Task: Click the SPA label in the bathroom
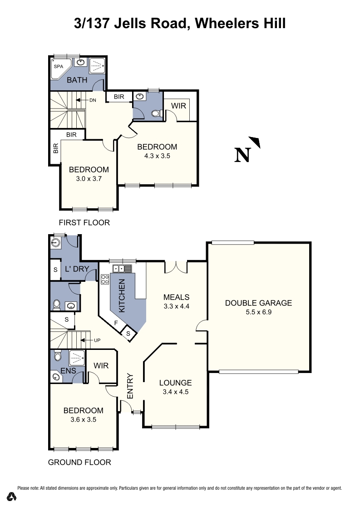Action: (59, 67)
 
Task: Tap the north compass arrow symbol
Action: (255, 142)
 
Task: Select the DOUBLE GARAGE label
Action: (258, 303)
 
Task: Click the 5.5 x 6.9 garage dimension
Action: (258, 312)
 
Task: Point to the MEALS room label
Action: (176, 297)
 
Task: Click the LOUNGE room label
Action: (176, 383)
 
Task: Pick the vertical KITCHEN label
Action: (121, 295)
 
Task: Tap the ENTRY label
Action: (130, 386)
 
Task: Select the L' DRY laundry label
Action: (77, 269)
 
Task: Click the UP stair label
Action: (97, 340)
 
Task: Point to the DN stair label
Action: (92, 100)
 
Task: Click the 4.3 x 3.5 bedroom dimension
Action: (157, 156)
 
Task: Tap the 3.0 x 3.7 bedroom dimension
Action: (89, 179)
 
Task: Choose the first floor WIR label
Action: (178, 106)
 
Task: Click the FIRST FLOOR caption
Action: (84, 222)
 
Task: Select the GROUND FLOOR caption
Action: (79, 462)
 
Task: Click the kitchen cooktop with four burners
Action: (104, 279)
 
